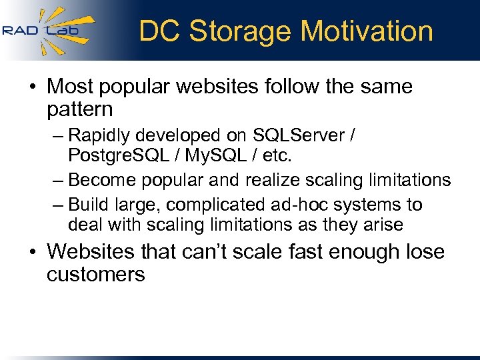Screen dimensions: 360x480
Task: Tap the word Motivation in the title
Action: (x=367, y=31)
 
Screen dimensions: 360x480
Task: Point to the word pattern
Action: (x=80, y=109)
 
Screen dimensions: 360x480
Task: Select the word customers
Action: (x=95, y=274)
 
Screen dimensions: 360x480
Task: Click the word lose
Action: (x=423, y=252)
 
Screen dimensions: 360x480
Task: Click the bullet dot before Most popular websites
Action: (x=33, y=87)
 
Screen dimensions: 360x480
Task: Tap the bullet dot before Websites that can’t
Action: (x=33, y=252)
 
